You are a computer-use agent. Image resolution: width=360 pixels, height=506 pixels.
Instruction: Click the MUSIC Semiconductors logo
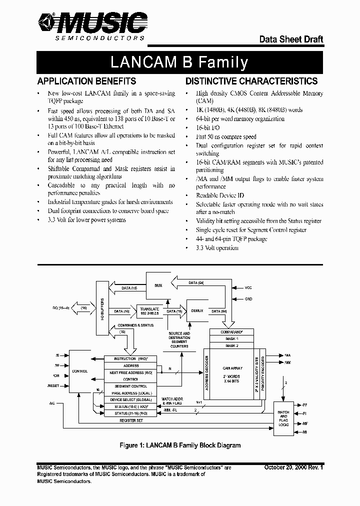click(x=92, y=25)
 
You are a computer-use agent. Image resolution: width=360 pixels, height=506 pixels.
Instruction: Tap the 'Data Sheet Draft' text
click(x=290, y=39)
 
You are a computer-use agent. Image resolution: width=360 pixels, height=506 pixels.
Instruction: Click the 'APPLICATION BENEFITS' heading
click(x=86, y=81)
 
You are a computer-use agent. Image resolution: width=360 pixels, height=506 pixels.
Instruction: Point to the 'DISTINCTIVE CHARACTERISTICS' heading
click(x=251, y=81)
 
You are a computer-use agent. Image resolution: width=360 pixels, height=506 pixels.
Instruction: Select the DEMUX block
click(x=195, y=310)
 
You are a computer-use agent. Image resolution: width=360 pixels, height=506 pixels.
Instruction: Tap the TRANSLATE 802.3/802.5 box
click(x=149, y=311)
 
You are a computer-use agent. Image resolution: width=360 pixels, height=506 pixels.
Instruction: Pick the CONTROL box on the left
click(x=80, y=371)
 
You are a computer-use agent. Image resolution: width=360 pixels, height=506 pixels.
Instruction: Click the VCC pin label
click(x=248, y=287)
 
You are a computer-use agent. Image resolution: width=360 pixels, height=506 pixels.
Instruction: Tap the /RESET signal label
click(x=53, y=386)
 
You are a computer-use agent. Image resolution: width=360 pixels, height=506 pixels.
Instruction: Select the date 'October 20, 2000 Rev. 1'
click(x=293, y=467)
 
